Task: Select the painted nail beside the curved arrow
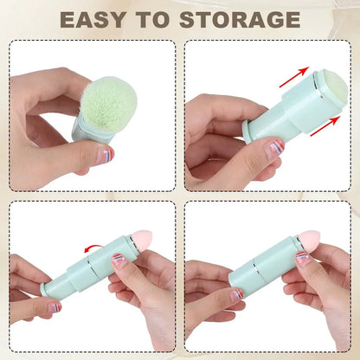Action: (119, 260)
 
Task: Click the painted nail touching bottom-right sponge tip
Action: (302, 257)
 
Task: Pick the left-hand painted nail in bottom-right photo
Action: (235, 295)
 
